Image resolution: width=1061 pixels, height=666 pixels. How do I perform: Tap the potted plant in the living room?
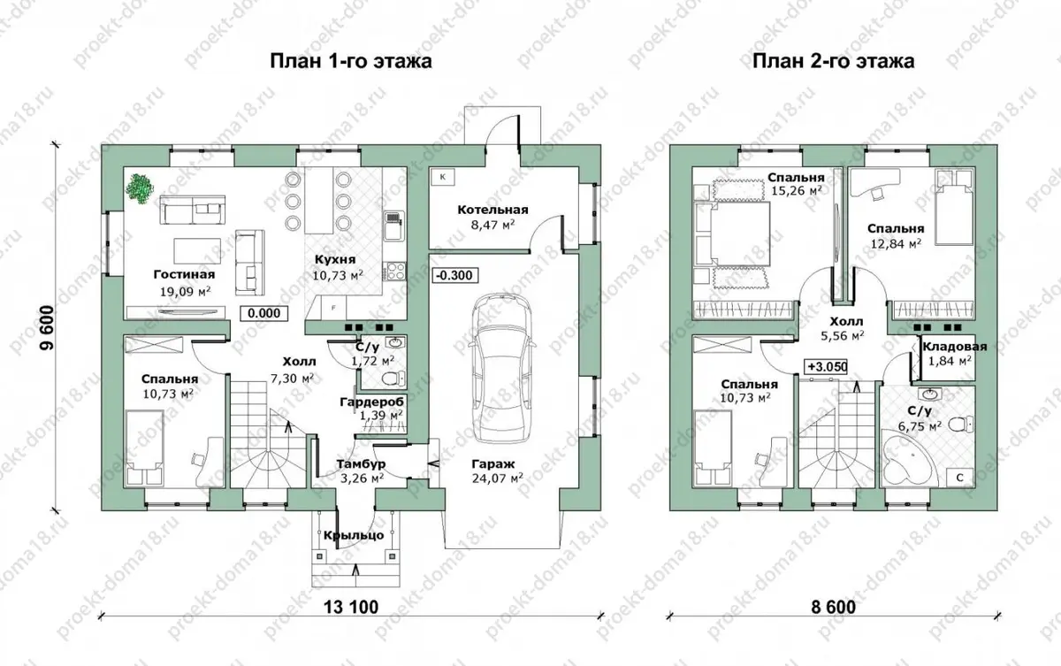coord(141,188)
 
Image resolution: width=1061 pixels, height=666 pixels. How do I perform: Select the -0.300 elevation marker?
coord(454,275)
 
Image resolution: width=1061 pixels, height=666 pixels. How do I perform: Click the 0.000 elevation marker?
coord(263,313)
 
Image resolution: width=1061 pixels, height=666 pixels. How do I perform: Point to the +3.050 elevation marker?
coord(827,367)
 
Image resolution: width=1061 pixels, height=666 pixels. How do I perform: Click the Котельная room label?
coord(492,210)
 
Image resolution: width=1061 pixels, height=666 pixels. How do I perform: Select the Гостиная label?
coord(184,274)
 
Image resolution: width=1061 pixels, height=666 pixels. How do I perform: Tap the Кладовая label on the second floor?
coord(954,346)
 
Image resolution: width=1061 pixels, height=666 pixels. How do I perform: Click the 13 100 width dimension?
coord(351,607)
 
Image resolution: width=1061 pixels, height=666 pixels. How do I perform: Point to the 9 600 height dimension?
coord(47,327)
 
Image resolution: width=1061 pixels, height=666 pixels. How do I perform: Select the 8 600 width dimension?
coord(834,607)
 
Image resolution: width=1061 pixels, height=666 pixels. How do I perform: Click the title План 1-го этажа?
coord(351,61)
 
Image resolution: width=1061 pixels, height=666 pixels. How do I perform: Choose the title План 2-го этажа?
coord(834,61)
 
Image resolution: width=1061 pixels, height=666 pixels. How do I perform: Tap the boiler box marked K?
coord(443,177)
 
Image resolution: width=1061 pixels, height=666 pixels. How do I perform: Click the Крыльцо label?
coord(354,536)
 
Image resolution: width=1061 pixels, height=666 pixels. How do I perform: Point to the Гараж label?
coord(493,463)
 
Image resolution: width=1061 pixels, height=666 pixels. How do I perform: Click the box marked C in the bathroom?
coord(959,478)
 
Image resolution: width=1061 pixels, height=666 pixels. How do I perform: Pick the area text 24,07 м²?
coord(497,478)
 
